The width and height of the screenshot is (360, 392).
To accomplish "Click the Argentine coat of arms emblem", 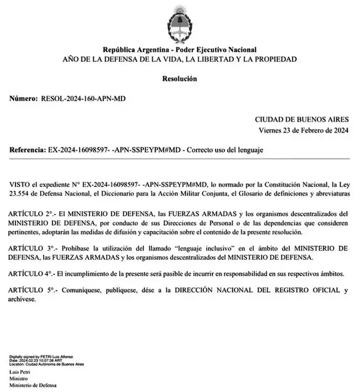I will (x=180, y=21).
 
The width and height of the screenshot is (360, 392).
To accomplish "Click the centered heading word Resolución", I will (x=180, y=78).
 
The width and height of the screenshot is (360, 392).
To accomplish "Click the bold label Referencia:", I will (x=27, y=150).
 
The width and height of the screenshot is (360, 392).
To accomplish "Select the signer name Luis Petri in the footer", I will (x=21, y=373).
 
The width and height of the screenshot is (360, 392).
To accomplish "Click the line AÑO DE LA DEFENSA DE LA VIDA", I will (x=180, y=59).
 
